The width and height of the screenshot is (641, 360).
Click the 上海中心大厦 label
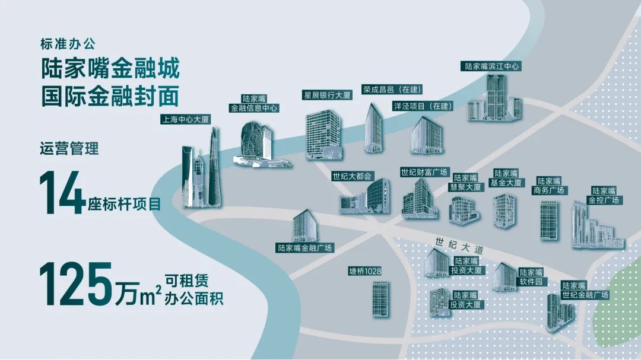click(x=185, y=119)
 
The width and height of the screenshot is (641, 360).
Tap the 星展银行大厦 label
click(x=327, y=95)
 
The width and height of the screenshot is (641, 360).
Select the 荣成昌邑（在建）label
click(x=391, y=90)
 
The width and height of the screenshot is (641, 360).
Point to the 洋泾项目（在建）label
click(x=422, y=106)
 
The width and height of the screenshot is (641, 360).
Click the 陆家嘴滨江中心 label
click(x=492, y=66)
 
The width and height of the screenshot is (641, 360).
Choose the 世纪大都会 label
click(x=352, y=176)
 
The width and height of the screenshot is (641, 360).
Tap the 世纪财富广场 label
click(x=424, y=173)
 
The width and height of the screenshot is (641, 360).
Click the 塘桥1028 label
click(x=364, y=271)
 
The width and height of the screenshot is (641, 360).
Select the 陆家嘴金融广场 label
click(x=304, y=247)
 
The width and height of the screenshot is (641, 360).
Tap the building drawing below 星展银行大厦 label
click(x=323, y=135)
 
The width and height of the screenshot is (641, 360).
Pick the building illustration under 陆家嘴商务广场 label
click(x=549, y=220)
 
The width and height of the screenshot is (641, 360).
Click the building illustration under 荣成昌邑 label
click(x=374, y=128)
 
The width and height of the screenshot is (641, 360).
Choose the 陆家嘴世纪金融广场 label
click(x=585, y=290)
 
